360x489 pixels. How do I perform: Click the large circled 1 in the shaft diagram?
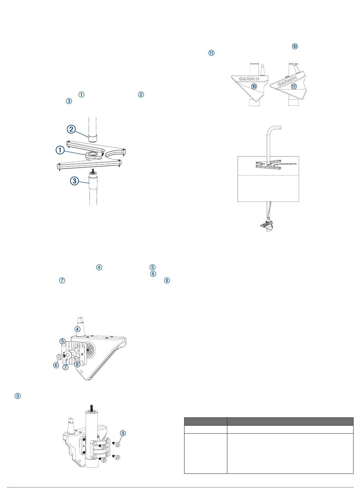click(60, 150)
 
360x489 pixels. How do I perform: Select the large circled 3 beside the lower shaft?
click(74, 181)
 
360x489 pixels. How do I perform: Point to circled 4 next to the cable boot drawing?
click(77, 329)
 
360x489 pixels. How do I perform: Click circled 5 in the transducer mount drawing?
click(63, 341)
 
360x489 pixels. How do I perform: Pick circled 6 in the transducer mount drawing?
click(56, 365)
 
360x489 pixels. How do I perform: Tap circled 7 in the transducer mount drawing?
click(66, 367)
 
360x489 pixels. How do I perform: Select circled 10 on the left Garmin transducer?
click(254, 86)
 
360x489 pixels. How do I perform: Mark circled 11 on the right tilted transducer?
click(293, 86)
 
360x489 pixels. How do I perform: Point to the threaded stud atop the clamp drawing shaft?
click(91, 407)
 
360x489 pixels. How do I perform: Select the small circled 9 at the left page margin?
click(17, 396)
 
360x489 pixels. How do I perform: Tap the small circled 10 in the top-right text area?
click(294, 46)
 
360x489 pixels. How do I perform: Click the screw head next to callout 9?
click(117, 444)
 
